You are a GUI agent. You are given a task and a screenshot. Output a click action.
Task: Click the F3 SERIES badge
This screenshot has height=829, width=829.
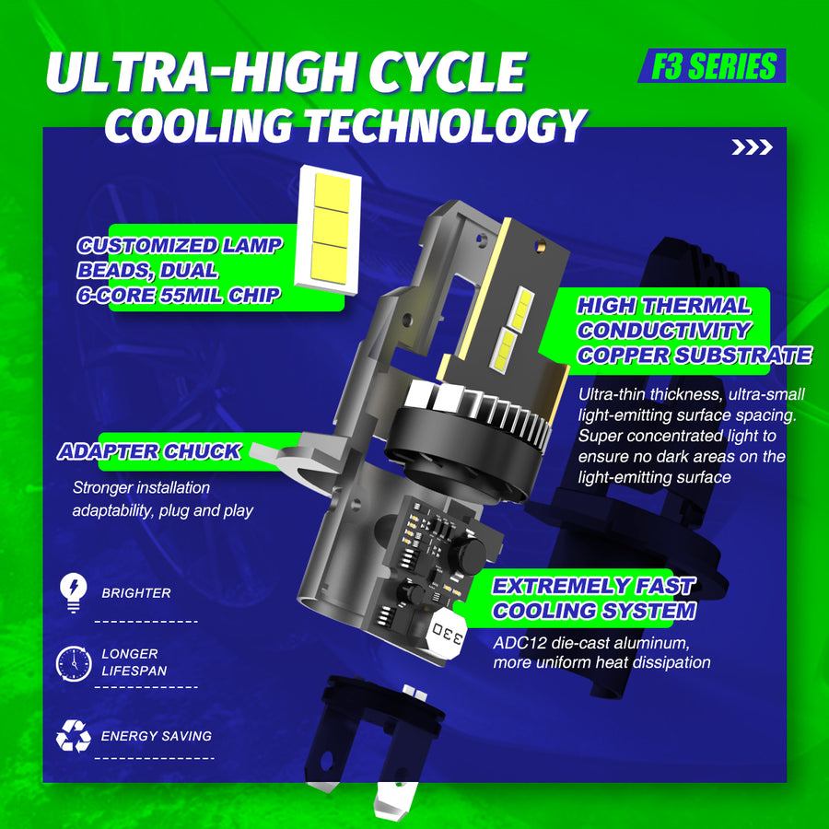711,66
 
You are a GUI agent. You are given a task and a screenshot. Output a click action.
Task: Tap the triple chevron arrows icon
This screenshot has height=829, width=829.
752,147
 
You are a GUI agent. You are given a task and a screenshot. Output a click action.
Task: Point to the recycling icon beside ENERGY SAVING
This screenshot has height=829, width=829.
73,736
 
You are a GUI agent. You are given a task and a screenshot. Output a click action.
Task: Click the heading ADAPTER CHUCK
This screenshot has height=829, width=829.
149,452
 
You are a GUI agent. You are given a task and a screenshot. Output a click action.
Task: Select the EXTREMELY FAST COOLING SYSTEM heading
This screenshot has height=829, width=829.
593,599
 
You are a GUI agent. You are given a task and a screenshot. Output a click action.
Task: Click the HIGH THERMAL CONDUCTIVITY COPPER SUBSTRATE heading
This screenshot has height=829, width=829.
693,331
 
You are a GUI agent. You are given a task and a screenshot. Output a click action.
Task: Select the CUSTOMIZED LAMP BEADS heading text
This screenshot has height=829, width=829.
180,271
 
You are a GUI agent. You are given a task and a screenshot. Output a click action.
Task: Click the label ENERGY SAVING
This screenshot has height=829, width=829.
156,736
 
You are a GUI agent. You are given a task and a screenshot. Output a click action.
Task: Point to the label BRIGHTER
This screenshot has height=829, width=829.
135,593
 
